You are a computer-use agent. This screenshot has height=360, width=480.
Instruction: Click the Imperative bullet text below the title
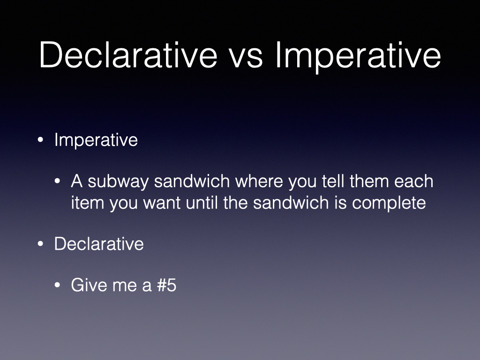96,141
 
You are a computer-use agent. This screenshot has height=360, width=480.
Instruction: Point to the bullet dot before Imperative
40,140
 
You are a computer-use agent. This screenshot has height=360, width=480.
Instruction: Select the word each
413,181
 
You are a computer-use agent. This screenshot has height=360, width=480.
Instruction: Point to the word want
162,203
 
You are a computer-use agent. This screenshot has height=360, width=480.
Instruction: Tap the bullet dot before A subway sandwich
57,181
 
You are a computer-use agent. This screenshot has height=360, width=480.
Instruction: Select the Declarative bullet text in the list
99,244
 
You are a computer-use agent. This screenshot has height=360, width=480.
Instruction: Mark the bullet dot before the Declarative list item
40,244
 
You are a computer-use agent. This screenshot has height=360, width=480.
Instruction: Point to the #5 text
166,285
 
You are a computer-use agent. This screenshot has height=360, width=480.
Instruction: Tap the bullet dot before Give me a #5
57,285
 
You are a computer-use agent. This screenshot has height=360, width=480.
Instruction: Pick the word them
369,181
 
